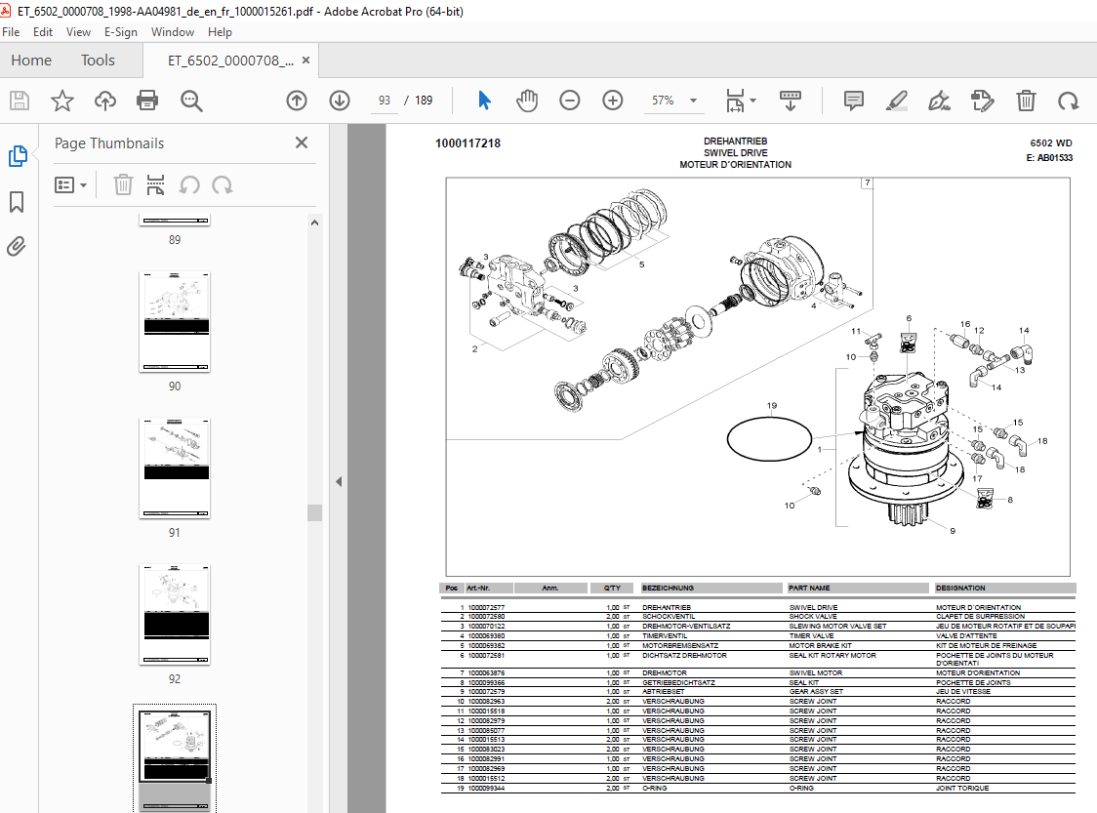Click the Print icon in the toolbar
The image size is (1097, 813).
click(147, 101)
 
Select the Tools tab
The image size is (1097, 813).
click(98, 61)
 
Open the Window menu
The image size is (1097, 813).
click(173, 31)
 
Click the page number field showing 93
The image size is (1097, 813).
click(385, 101)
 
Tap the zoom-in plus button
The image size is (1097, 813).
click(612, 101)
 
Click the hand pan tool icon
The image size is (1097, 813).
click(527, 101)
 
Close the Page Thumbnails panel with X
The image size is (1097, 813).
click(302, 142)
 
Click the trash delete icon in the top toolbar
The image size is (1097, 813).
click(1026, 101)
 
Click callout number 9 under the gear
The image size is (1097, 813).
click(953, 531)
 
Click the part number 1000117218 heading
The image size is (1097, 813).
click(468, 143)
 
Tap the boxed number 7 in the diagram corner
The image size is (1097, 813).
click(867, 183)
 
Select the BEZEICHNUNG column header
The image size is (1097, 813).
click(669, 589)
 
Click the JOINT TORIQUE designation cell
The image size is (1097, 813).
click(962, 788)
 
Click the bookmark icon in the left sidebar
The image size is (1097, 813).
click(17, 202)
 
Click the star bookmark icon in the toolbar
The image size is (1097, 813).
click(62, 101)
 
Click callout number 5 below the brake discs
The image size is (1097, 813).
click(641, 264)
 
